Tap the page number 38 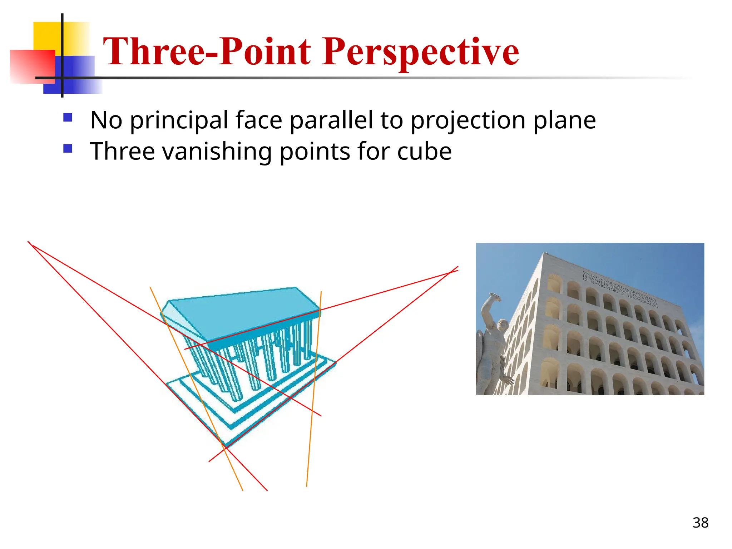tap(700, 523)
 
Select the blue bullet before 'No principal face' tap(68, 118)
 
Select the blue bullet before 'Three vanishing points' tap(68, 148)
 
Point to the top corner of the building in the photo tap(544, 253)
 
